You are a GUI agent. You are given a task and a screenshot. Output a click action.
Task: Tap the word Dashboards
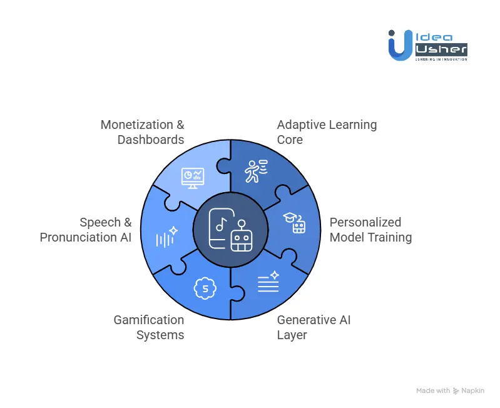pyautogui.click(x=151, y=140)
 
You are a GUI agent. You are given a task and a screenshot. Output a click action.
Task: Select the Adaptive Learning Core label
pyautogui.click(x=327, y=131)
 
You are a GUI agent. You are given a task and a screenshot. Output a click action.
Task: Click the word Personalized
pyautogui.click(x=365, y=222)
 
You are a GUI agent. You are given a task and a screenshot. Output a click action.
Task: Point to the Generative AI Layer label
pyautogui.click(x=314, y=327)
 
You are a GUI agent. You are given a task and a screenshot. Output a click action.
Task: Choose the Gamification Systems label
pyautogui.click(x=148, y=327)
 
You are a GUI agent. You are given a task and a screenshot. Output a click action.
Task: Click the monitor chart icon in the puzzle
pyautogui.click(x=192, y=178)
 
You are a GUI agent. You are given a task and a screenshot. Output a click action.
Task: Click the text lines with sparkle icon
pyautogui.click(x=268, y=282)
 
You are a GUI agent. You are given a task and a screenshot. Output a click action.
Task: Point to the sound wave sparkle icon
pyautogui.click(x=166, y=237)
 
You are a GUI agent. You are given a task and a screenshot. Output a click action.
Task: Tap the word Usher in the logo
pyautogui.click(x=440, y=49)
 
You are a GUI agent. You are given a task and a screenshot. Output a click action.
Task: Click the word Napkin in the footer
pyautogui.click(x=474, y=390)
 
